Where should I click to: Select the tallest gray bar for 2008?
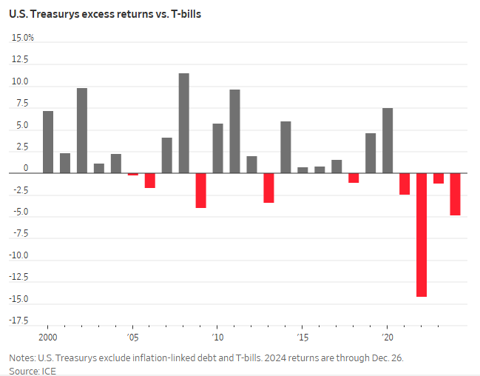[x=183, y=123]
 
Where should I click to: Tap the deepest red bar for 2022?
[x=422, y=235]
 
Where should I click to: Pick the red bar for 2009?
[x=200, y=190]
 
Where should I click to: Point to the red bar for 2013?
[x=268, y=188]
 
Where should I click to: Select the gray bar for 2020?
[x=388, y=141]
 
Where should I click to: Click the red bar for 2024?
[x=456, y=194]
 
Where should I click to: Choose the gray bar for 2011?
[x=234, y=131]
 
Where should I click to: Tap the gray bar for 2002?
[x=82, y=130]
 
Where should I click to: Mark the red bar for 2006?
[x=149, y=181]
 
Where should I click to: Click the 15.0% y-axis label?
[x=22, y=38]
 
